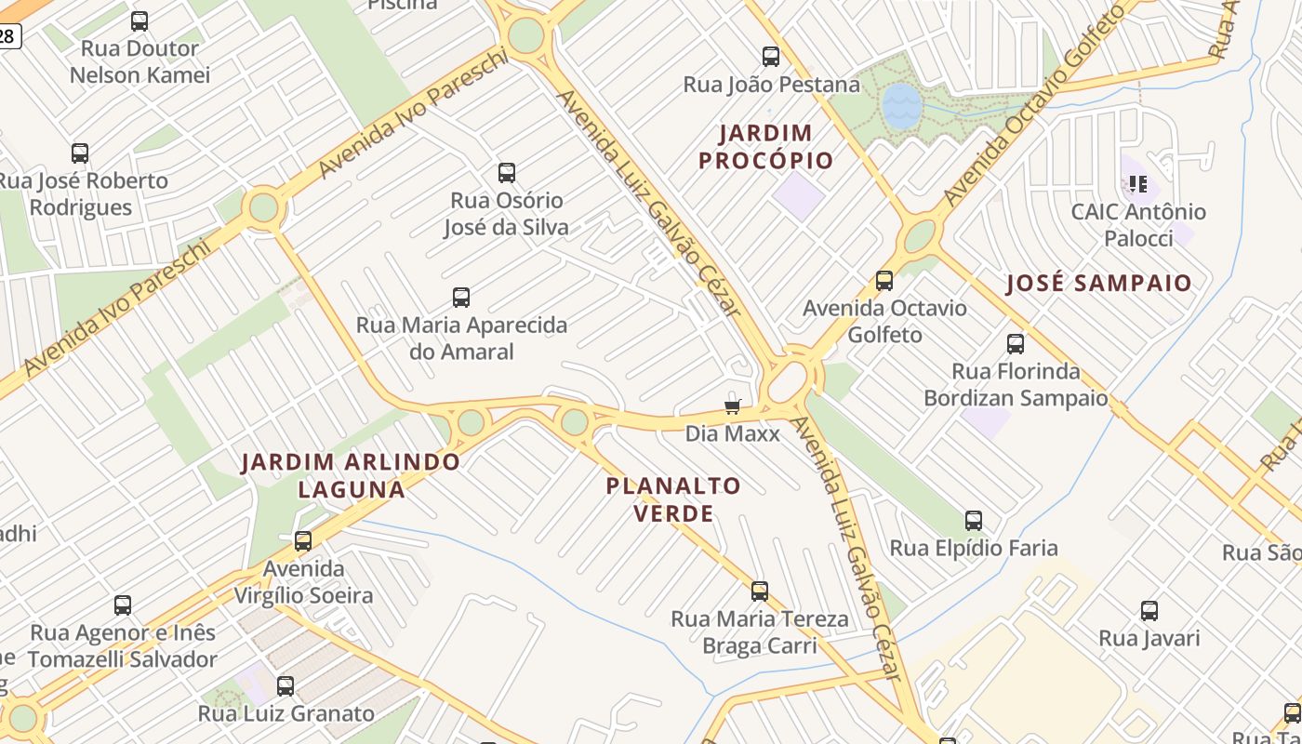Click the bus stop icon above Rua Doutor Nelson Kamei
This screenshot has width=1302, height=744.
tap(139, 20)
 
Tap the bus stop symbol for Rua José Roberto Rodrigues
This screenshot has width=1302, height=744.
tap(80, 153)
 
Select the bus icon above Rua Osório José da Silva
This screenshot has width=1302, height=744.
tap(507, 173)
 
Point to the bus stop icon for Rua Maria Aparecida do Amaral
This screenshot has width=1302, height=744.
tap(461, 298)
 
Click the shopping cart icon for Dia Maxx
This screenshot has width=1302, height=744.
tap(733, 405)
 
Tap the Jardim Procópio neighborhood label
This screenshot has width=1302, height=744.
tap(765, 147)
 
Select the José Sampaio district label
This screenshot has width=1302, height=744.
tap(1098, 284)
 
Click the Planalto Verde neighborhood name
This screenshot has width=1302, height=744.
tap(673, 499)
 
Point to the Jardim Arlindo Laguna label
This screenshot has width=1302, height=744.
tap(351, 475)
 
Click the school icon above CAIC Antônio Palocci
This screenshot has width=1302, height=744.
tap(1138, 184)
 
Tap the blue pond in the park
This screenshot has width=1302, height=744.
tap(900, 105)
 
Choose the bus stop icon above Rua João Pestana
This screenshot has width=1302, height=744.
tap(771, 57)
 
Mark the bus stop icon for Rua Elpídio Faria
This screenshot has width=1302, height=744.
tap(974, 521)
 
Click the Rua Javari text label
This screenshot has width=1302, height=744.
tap(1149, 638)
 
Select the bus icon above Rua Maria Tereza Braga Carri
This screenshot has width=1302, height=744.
tap(760, 591)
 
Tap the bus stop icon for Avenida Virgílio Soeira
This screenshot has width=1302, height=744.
tap(303, 541)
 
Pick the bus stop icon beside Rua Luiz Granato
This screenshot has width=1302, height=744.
tap(286, 686)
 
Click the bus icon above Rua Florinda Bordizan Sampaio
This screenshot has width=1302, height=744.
tap(1016, 344)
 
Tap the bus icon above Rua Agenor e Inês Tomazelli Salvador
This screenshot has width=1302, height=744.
tap(123, 605)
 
